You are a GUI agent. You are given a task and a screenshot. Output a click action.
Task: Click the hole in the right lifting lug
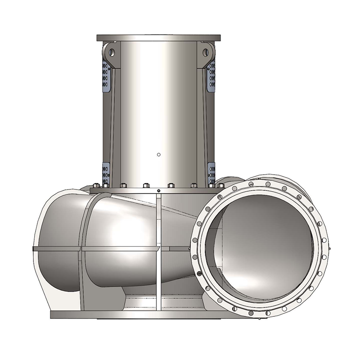pyautogui.click(x=206, y=52)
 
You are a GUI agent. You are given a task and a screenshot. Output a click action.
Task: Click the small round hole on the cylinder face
pyautogui.click(x=158, y=155)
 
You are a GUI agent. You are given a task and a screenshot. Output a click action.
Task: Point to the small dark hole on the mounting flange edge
pyautogui.click(x=159, y=191)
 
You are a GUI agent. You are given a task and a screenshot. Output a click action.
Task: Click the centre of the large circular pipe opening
pyautogui.click(x=260, y=247)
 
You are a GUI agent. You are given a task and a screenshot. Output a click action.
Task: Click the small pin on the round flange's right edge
pyautogui.click(x=330, y=247)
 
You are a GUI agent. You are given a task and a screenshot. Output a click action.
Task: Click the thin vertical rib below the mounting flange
pyautogui.click(x=158, y=252)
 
